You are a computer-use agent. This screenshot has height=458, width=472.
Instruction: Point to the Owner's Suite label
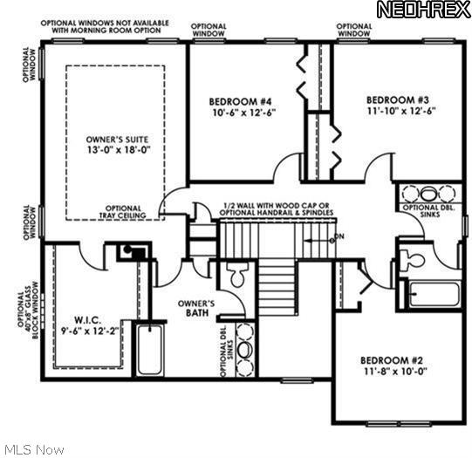click(x=116, y=139)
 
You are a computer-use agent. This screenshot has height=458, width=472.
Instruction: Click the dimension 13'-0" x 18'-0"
click(x=116, y=150)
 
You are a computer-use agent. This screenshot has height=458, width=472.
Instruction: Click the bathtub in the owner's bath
click(x=150, y=349)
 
